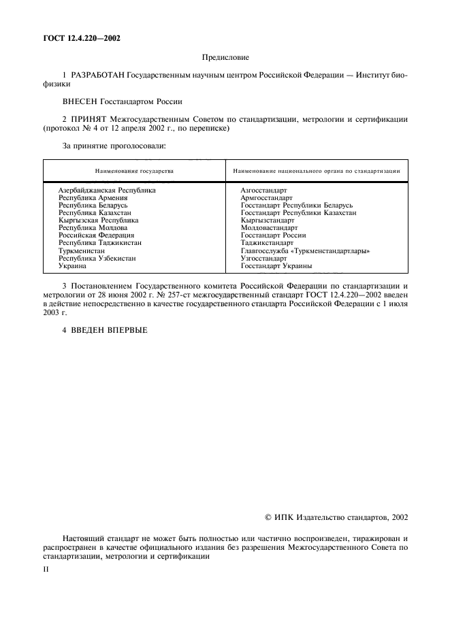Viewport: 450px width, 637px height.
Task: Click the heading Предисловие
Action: (225, 59)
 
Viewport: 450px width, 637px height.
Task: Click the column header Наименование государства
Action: (134, 171)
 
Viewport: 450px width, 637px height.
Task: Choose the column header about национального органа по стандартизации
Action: (316, 171)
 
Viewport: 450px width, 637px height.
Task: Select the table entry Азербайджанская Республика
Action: (107, 190)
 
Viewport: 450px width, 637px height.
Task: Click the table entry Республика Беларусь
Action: (93, 205)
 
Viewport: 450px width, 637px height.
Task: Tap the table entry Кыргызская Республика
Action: (98, 220)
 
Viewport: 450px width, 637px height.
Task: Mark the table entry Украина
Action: (72, 265)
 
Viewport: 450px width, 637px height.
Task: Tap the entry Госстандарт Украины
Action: (276, 265)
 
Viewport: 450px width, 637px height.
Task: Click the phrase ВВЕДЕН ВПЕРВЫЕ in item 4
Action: (109, 330)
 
